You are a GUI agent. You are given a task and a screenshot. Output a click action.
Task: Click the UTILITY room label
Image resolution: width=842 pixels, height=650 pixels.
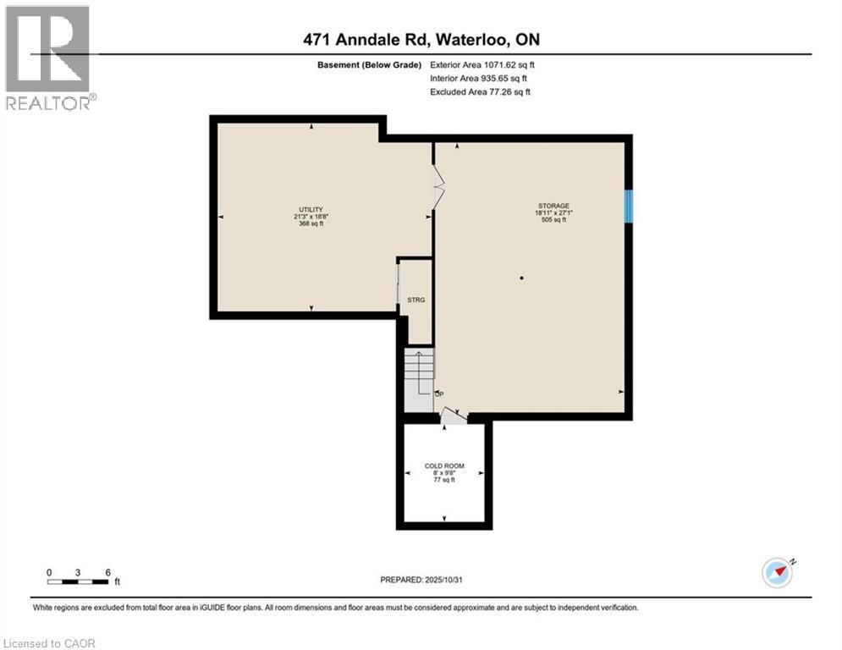click(304, 209)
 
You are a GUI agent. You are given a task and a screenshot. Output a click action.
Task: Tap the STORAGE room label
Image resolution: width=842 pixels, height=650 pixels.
click(553, 206)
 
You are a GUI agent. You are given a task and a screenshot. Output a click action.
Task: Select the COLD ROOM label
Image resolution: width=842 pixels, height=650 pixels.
click(444, 466)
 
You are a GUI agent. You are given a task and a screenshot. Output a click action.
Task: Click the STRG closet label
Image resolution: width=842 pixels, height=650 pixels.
click(415, 300)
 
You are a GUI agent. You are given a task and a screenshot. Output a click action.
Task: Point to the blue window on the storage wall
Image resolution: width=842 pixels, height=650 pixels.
click(629, 206)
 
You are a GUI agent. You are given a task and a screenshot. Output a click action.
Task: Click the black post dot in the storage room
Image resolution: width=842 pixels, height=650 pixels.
click(522, 278)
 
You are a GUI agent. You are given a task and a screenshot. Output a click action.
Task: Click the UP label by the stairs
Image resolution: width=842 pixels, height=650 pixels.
click(438, 394)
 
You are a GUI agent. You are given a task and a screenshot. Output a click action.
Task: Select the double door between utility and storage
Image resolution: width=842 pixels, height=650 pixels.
click(437, 187)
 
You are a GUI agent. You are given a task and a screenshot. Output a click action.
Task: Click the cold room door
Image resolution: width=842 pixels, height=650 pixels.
click(453, 416)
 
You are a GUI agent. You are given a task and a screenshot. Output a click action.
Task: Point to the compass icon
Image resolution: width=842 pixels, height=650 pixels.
click(779, 572)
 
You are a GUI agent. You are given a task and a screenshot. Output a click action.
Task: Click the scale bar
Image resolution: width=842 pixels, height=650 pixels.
click(78, 581)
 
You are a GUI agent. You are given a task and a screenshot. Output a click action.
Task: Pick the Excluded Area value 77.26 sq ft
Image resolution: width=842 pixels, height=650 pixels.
click(505, 91)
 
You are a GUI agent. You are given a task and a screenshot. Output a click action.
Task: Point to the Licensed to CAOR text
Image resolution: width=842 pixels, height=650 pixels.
click(50, 643)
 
